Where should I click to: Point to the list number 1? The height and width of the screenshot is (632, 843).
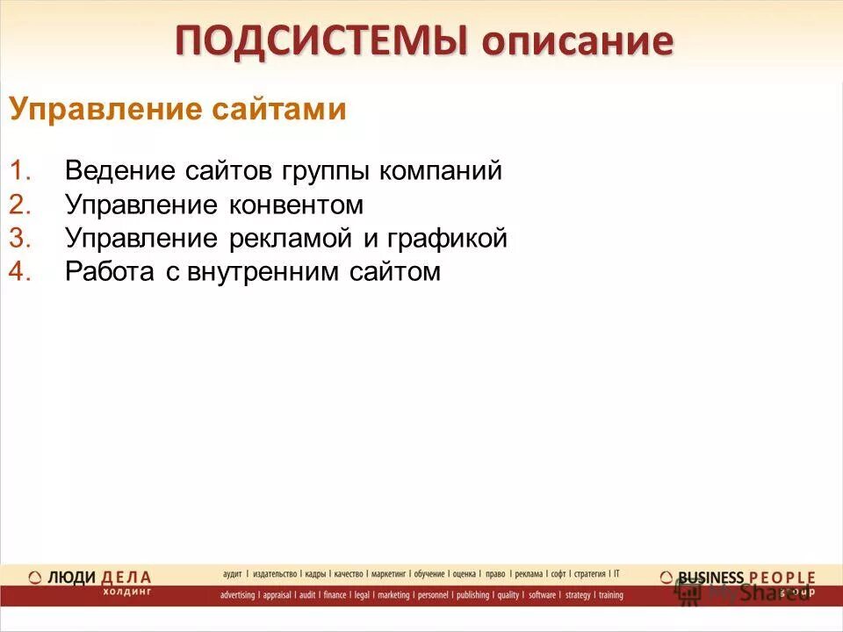[x=20, y=171]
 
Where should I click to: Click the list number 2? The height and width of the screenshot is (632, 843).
[x=20, y=205]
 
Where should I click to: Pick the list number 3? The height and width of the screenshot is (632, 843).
[x=20, y=239]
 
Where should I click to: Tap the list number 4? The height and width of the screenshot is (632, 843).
[x=20, y=272]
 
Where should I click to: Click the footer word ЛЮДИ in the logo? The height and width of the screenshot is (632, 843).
[x=70, y=577]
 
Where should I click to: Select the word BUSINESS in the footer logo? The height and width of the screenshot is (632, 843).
[x=711, y=577]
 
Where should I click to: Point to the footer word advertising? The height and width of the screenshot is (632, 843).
[x=237, y=595]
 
